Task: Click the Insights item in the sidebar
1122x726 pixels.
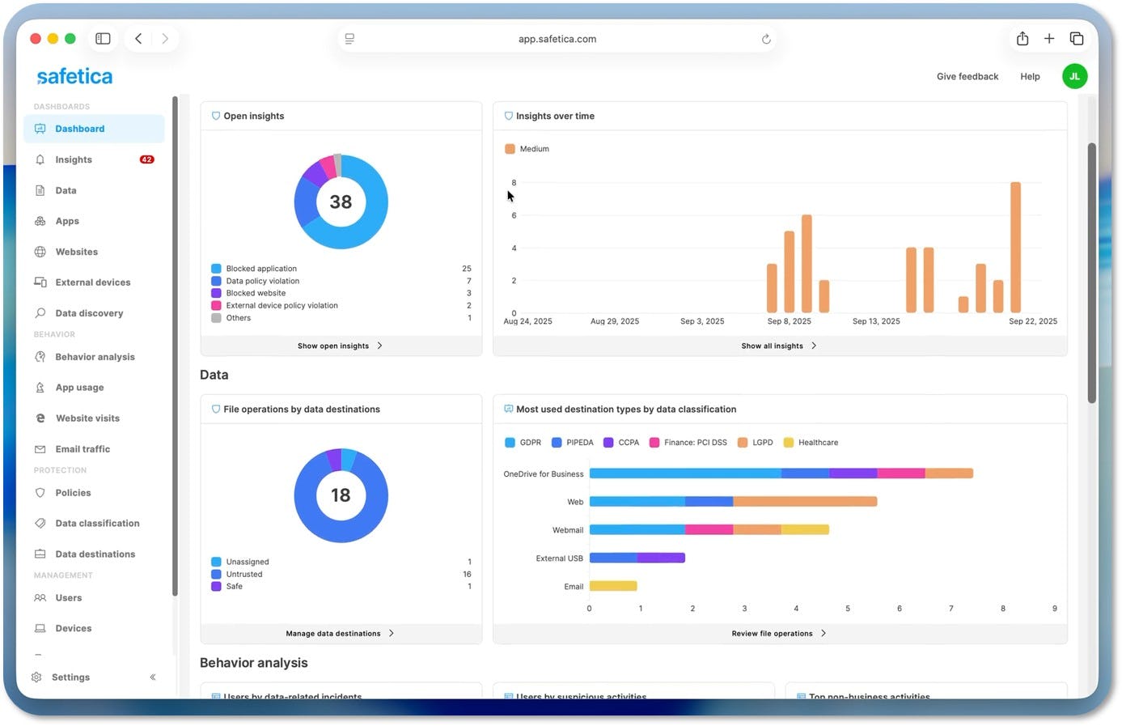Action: pyautogui.click(x=74, y=159)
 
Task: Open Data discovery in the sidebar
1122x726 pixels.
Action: pyautogui.click(x=89, y=313)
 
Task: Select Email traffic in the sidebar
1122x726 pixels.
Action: pyautogui.click(x=83, y=449)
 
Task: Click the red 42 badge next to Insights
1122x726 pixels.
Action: pyautogui.click(x=146, y=159)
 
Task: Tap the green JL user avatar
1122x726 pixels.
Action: pyautogui.click(x=1074, y=76)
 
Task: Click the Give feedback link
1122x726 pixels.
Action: pyautogui.click(x=967, y=77)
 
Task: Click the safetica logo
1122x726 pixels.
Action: pyautogui.click(x=74, y=77)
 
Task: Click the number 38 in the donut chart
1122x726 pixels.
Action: pyautogui.click(x=341, y=202)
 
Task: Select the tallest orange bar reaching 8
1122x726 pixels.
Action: pyautogui.click(x=1015, y=247)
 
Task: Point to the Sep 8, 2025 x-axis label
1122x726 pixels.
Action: pyautogui.click(x=789, y=321)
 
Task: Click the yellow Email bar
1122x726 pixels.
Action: pyautogui.click(x=613, y=586)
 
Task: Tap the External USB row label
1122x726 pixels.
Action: pyautogui.click(x=559, y=558)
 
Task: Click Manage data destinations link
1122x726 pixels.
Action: pyautogui.click(x=333, y=634)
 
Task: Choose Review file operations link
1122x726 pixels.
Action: pyautogui.click(x=773, y=634)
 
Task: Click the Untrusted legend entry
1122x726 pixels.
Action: pyautogui.click(x=244, y=575)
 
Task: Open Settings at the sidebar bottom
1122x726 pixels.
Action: pyautogui.click(x=70, y=677)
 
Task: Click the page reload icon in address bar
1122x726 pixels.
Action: pyautogui.click(x=766, y=39)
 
